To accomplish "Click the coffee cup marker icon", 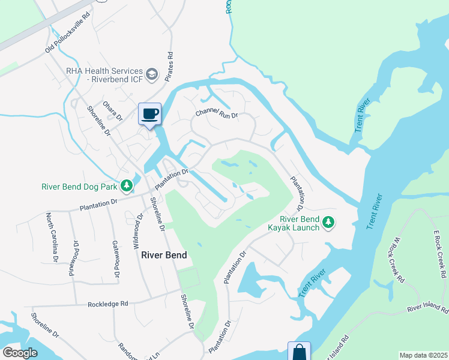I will point(149,113).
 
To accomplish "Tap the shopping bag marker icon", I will point(299,352).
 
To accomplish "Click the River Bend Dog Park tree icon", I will point(126,186).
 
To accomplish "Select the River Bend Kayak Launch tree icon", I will point(328,223).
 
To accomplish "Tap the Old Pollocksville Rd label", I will point(70,39).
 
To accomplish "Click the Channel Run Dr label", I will point(217,114).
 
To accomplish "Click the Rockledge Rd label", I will point(108,304).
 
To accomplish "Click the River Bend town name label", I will point(164,255).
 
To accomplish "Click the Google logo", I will point(20,353).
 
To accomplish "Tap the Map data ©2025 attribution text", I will point(423,355).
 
